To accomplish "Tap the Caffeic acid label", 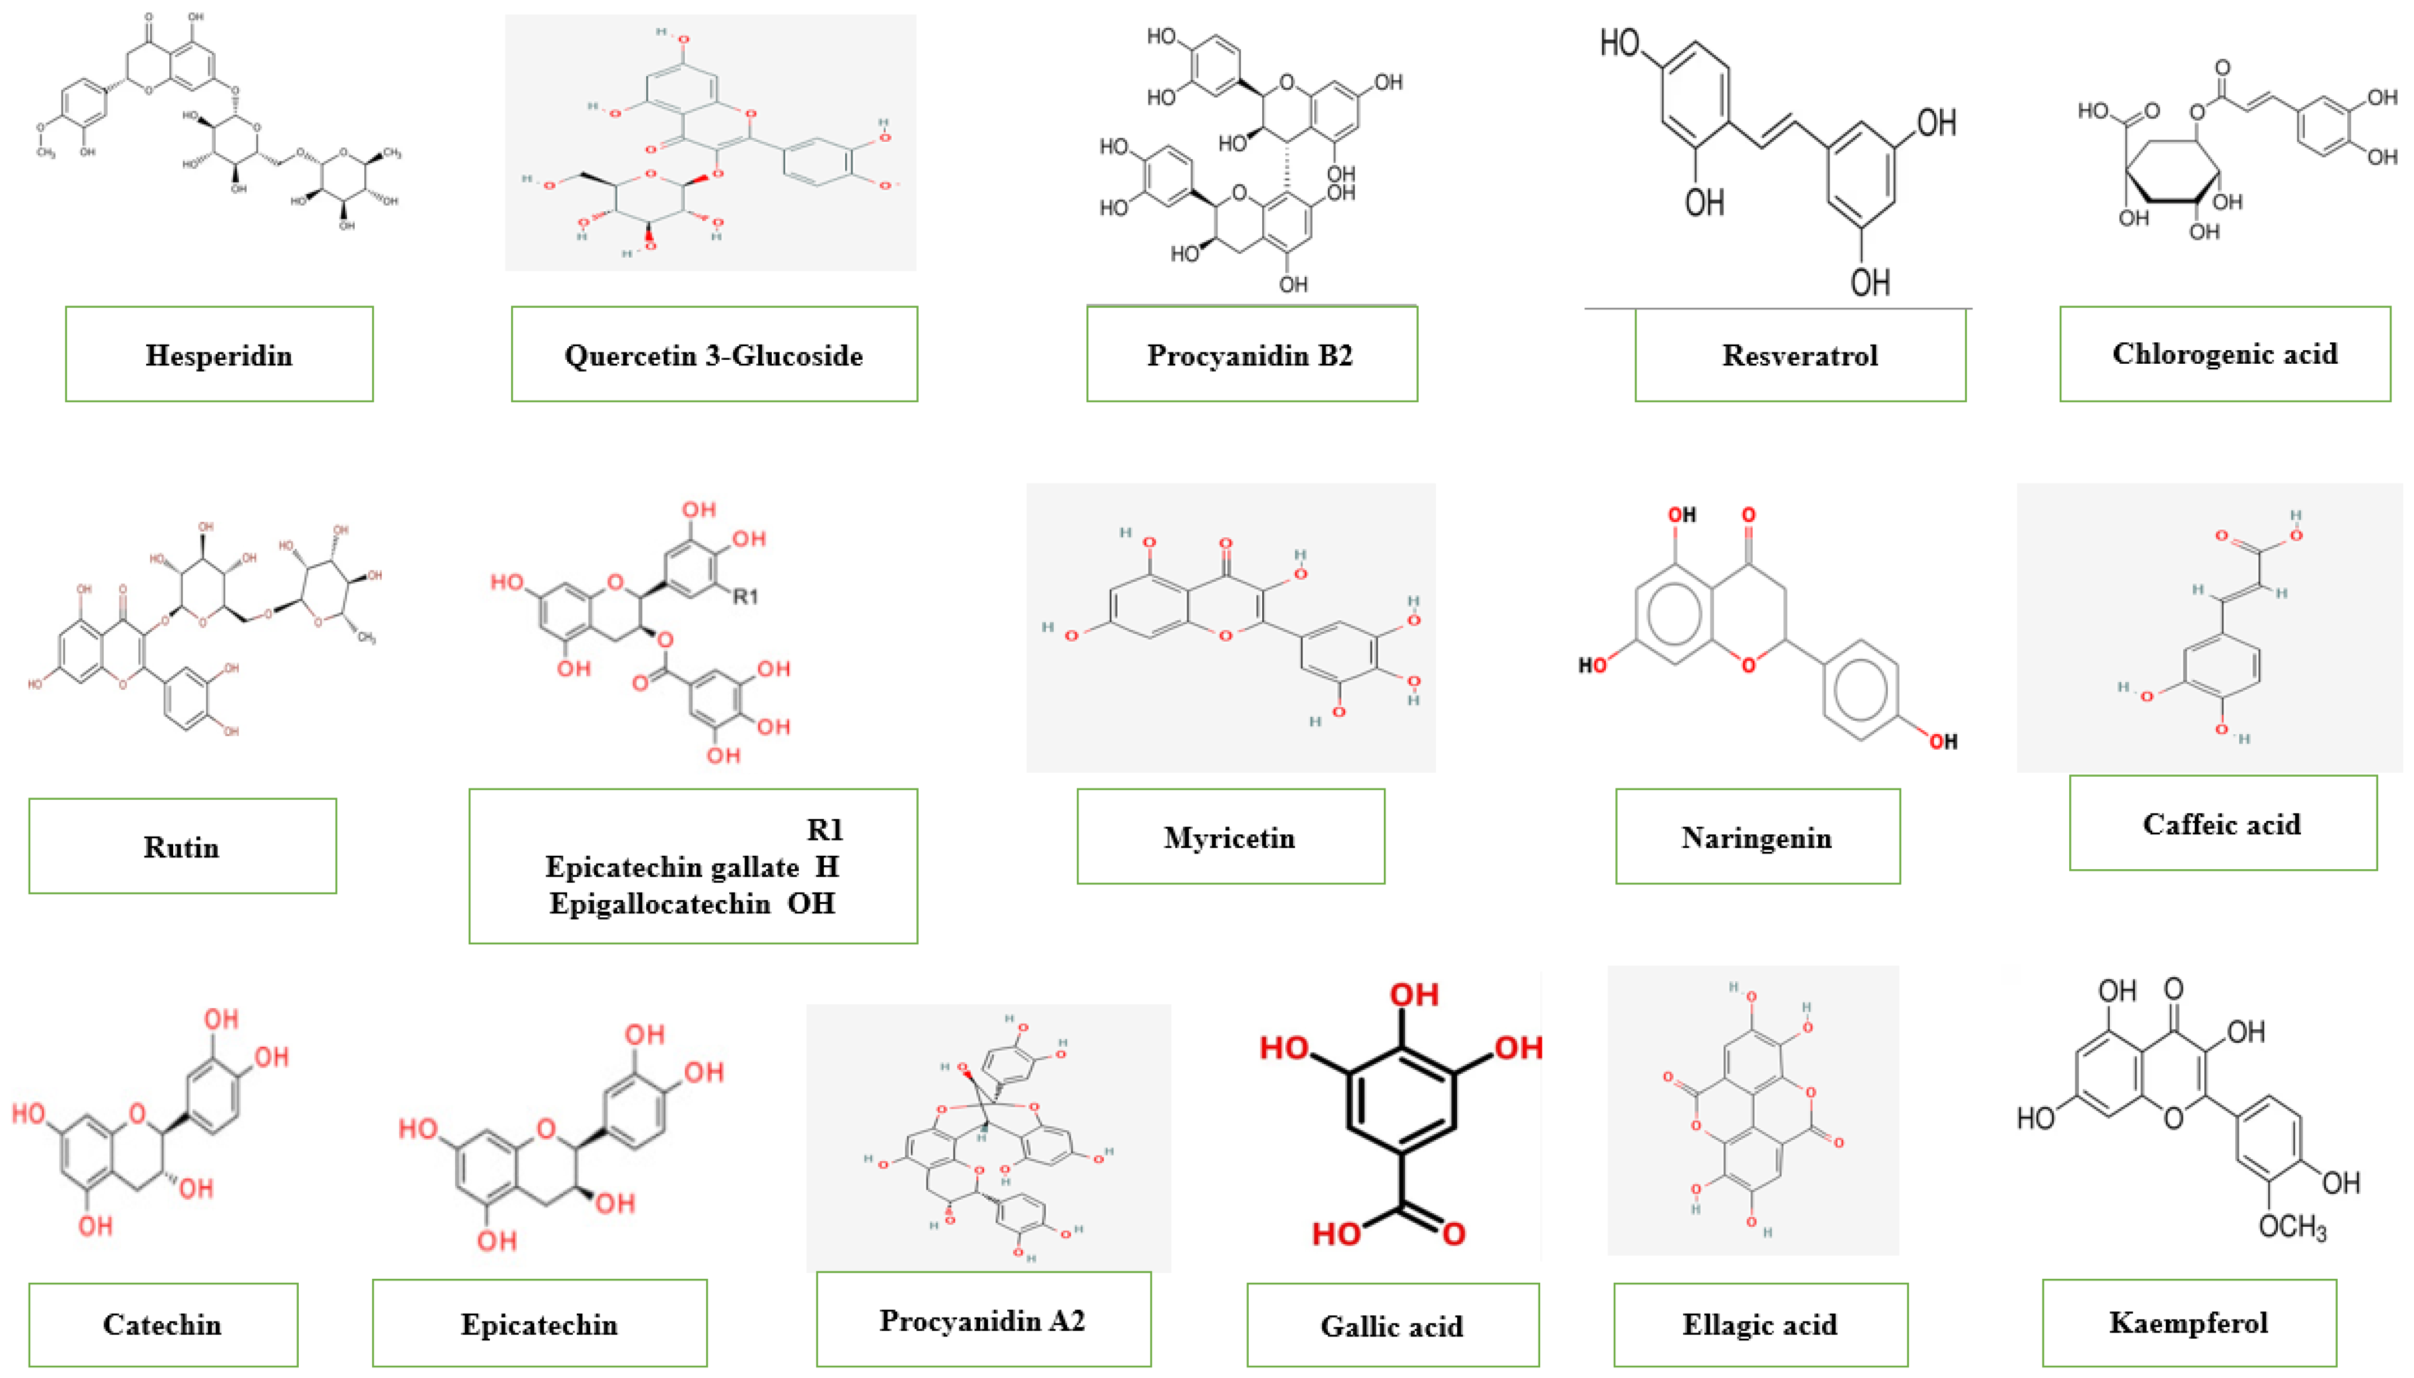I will (x=2221, y=823).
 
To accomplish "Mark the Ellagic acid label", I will (x=1759, y=1324).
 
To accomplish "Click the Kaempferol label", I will (x=2188, y=1321).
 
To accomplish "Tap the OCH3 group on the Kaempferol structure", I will (x=2291, y=1227).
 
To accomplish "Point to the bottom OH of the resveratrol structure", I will (x=1870, y=281).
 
